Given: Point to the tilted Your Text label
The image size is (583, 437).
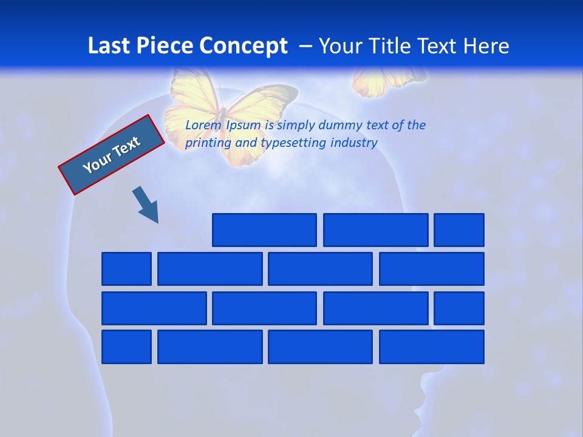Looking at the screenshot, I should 112,154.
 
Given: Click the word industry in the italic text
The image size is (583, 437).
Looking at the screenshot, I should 354,143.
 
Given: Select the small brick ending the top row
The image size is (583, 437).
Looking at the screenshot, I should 459,230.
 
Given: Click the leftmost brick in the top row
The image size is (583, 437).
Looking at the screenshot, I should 264,230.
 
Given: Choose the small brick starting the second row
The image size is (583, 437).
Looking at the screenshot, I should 126,269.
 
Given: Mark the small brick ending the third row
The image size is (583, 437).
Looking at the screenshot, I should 459,308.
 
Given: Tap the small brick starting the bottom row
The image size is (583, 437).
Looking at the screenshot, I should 126,347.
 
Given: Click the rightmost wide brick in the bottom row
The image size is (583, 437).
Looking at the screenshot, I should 432,347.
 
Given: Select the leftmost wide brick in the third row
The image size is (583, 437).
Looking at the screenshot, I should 154,308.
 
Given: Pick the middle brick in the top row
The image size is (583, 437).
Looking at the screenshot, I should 375,230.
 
